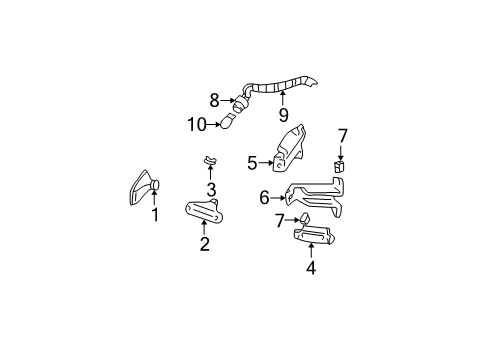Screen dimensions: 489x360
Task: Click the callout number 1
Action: click(x=155, y=215)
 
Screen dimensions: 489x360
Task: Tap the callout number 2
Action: click(x=204, y=244)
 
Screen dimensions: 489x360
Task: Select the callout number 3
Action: click(x=211, y=190)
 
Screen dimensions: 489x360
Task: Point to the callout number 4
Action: click(x=311, y=267)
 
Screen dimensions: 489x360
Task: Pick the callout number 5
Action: click(x=252, y=160)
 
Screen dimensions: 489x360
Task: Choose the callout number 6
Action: click(x=264, y=198)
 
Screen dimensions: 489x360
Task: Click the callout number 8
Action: click(x=214, y=99)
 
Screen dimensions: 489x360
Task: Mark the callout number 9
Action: click(x=283, y=115)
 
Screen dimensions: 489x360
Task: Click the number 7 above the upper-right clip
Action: click(x=342, y=134)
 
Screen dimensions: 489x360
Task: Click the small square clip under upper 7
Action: click(x=341, y=167)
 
